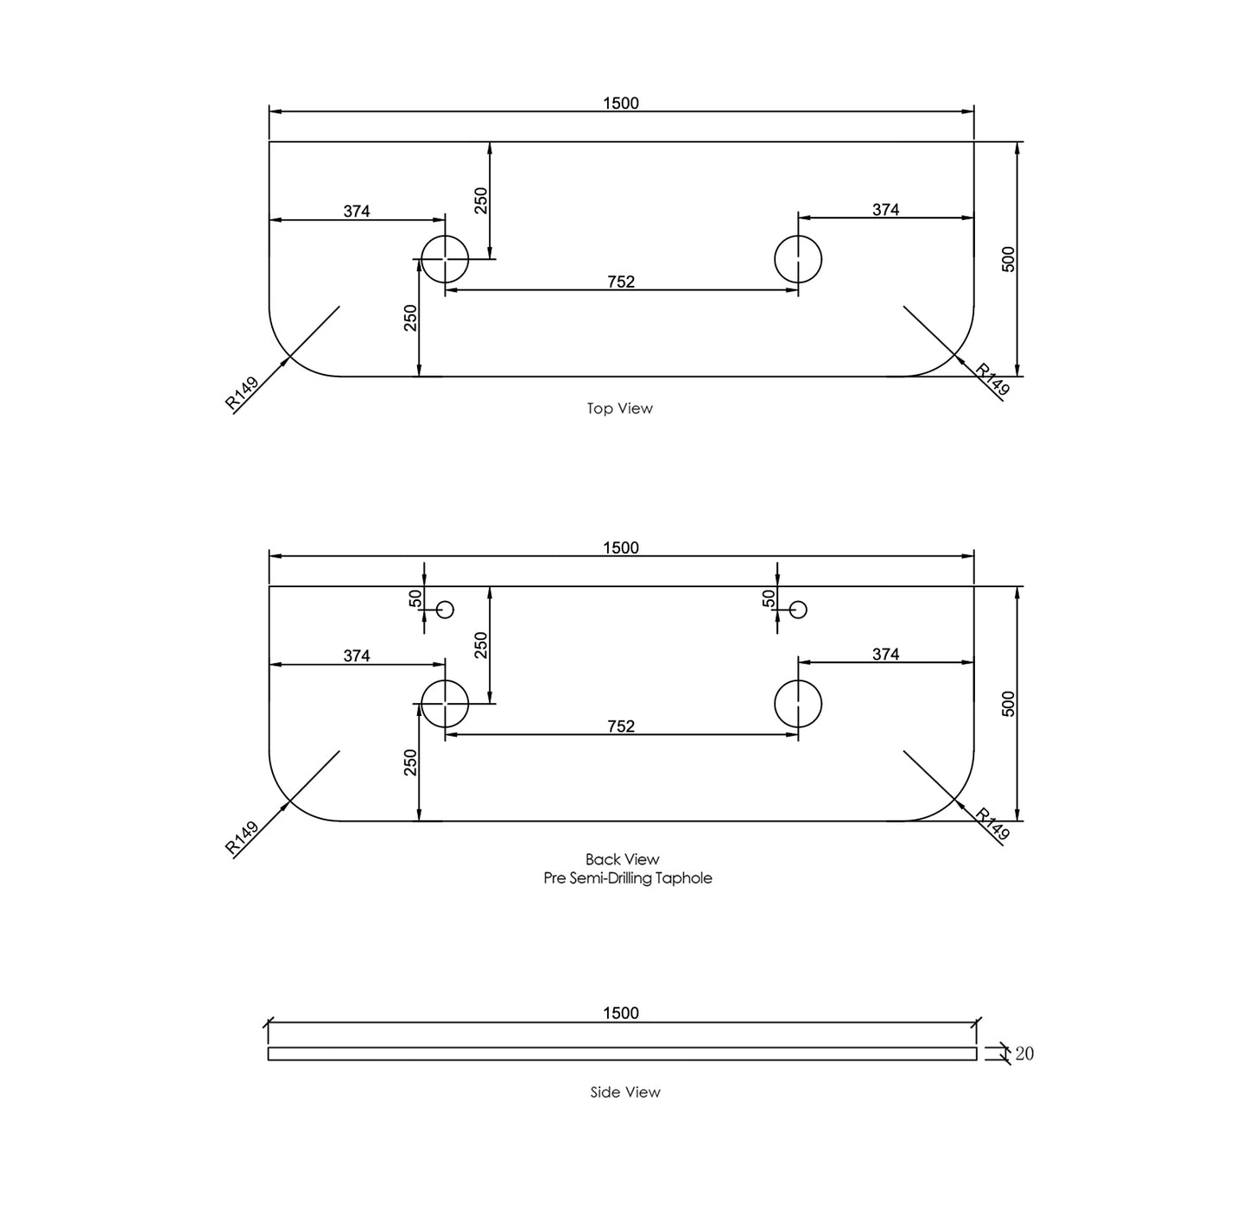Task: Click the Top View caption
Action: (x=620, y=408)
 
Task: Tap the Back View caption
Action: (x=623, y=859)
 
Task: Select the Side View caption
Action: (x=625, y=1092)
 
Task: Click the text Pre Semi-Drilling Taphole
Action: (x=628, y=878)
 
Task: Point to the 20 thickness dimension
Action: (x=1024, y=1054)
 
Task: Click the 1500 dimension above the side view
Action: (x=621, y=1013)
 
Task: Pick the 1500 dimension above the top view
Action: (x=621, y=103)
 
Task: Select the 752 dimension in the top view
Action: (x=621, y=282)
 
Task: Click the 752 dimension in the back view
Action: (x=621, y=727)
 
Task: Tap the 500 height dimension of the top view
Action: (x=1009, y=259)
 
